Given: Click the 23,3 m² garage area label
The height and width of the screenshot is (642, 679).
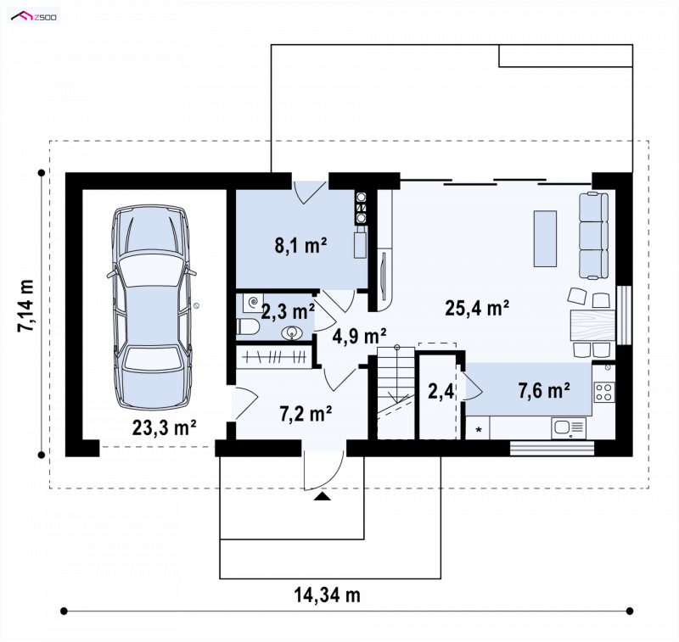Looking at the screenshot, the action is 164,427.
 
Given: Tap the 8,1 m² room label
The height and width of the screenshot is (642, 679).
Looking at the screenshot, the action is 300,245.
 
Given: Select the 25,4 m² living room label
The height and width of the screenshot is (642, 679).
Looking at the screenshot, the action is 477,308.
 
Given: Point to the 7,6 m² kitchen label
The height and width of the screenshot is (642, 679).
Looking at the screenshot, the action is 544,391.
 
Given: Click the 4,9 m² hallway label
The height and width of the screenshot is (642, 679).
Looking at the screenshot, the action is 359,336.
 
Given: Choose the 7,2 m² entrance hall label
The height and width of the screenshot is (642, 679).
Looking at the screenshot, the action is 306,414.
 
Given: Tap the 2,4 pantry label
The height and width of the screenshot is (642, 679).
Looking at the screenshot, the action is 441,392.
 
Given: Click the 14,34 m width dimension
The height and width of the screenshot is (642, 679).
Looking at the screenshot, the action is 328,595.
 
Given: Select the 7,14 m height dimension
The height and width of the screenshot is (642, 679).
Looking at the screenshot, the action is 25,306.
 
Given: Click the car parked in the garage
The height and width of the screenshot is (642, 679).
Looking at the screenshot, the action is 152,308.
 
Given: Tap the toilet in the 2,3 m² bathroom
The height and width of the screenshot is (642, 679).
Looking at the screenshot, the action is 248,327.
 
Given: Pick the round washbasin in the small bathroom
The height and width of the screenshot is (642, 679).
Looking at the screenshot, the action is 292,333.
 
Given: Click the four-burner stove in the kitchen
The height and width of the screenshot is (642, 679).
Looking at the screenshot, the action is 603,392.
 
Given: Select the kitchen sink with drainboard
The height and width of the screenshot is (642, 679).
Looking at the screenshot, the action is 569,428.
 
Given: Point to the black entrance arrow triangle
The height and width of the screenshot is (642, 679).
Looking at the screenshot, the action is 322,496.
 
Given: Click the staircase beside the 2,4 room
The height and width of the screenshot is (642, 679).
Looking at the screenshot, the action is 396,393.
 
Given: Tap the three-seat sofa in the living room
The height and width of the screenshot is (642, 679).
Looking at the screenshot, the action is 593,236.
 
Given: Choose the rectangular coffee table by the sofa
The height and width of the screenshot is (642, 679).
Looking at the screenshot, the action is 545,238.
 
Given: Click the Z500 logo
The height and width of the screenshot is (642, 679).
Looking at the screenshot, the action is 34,17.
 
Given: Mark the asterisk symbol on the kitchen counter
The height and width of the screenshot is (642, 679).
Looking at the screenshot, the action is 479,430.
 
